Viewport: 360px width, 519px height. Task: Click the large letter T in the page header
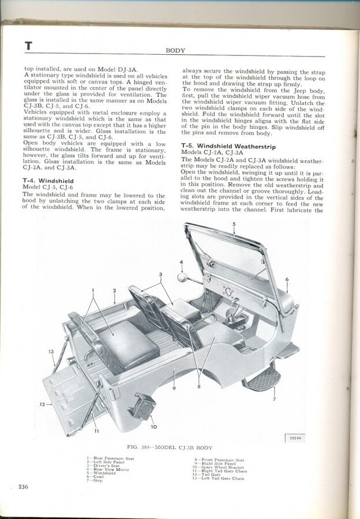[x=28, y=46]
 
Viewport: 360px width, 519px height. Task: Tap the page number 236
[x=23, y=487]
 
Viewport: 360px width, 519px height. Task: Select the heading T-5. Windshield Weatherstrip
[x=220, y=146]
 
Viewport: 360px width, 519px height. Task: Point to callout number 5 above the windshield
[x=234, y=223]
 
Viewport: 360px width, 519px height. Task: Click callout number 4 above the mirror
[x=181, y=262]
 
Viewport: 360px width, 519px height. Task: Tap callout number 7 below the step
[x=274, y=398]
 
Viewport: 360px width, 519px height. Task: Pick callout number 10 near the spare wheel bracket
[x=153, y=427]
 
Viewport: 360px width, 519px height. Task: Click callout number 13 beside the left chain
[x=51, y=351]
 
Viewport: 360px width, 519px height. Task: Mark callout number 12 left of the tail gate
[x=42, y=404]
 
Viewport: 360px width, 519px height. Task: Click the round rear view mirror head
[x=185, y=277]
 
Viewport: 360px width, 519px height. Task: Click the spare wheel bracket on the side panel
[x=142, y=406]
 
